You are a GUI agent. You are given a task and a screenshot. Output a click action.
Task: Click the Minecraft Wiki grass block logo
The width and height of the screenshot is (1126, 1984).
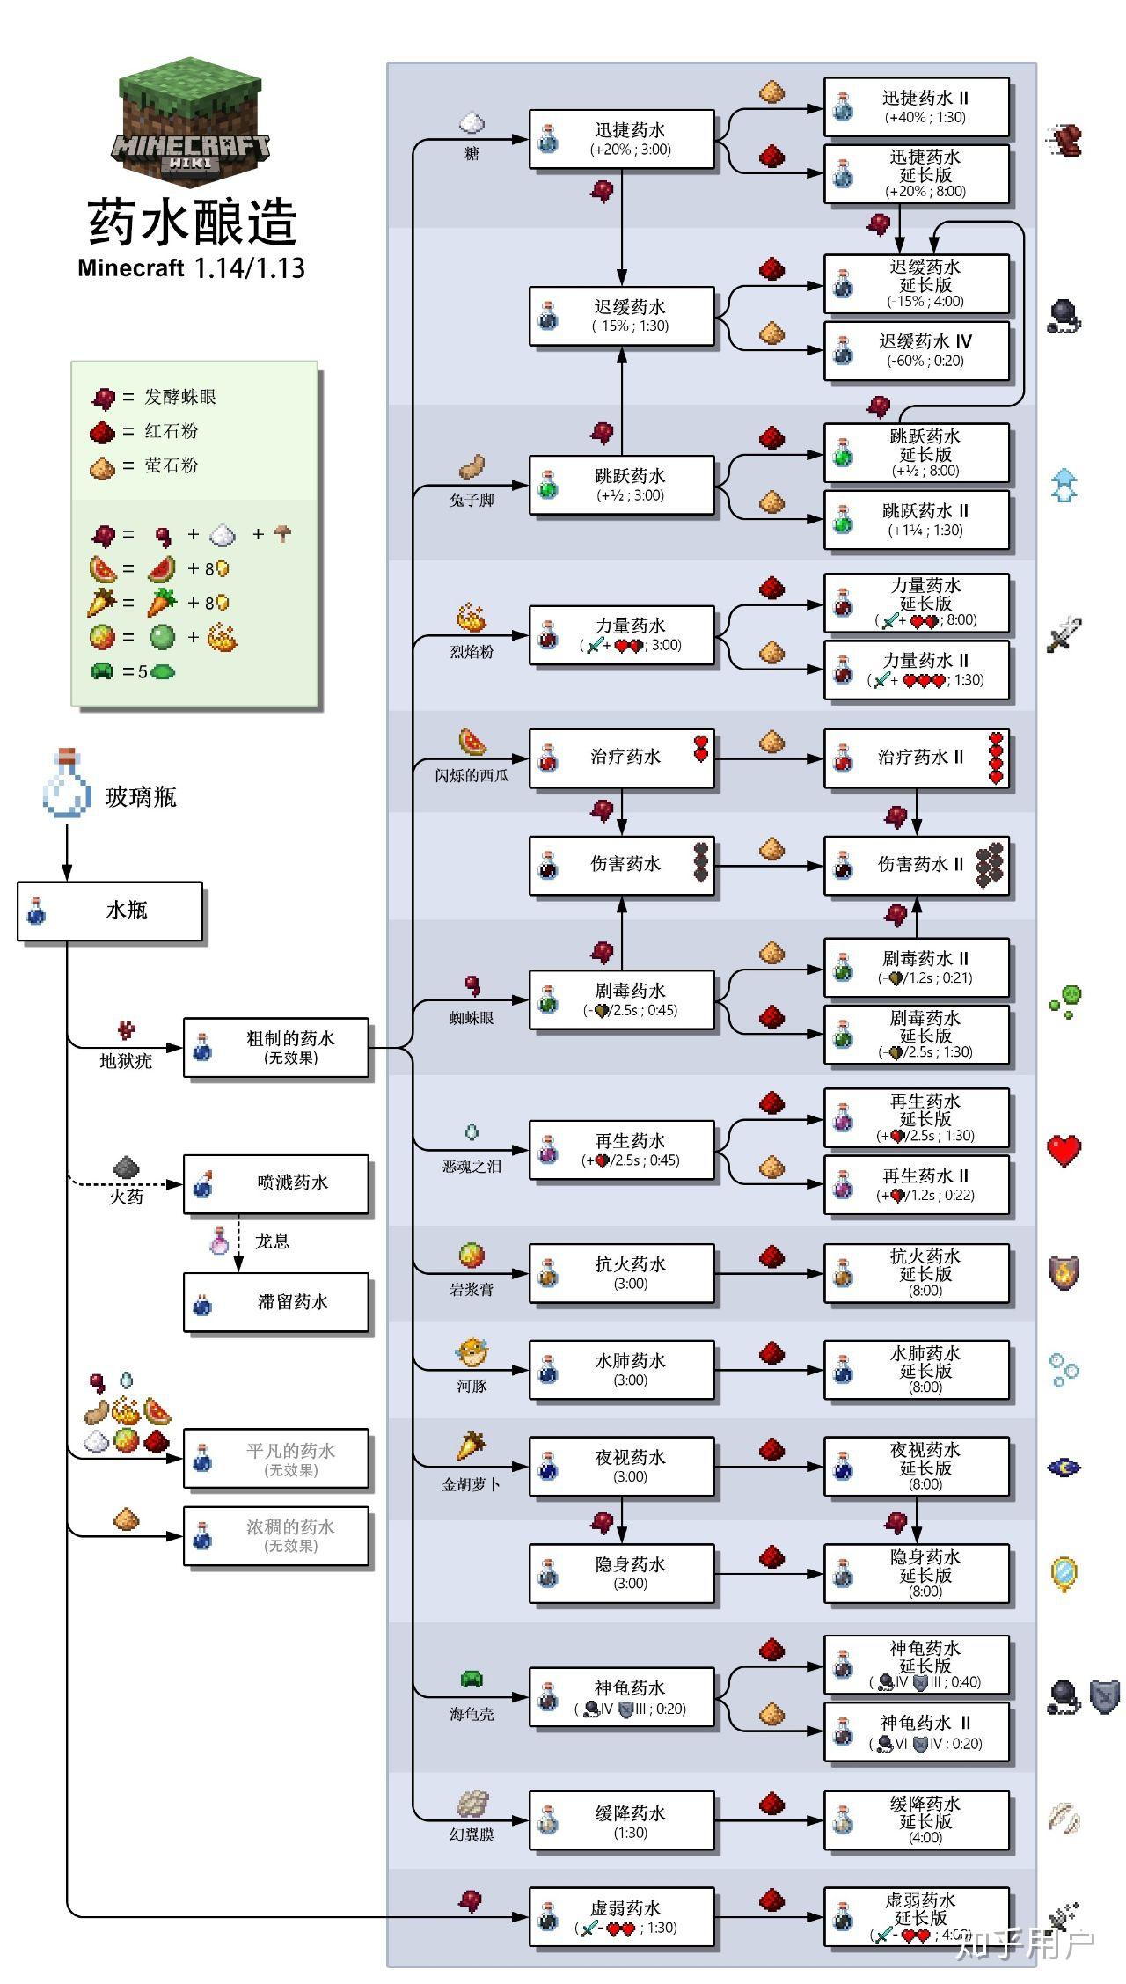tap(191, 121)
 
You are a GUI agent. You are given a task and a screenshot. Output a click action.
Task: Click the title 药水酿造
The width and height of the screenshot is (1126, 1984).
tap(192, 222)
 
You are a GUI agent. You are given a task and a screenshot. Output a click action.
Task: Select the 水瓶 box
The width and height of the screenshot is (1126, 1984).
tap(110, 911)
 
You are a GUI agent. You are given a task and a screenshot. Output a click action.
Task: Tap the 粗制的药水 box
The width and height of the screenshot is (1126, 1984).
tap(275, 1047)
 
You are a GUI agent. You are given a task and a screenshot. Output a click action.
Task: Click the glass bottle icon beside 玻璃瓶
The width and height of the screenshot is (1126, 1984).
tap(67, 783)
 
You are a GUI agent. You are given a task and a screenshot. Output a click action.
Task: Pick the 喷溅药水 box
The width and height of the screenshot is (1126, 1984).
tap(275, 1183)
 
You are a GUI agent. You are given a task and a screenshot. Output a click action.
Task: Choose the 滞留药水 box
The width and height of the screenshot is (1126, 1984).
tap(275, 1302)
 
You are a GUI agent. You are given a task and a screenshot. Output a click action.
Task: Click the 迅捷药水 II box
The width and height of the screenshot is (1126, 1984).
tap(916, 106)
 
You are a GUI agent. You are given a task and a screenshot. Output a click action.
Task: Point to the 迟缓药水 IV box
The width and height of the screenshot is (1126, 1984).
tap(916, 350)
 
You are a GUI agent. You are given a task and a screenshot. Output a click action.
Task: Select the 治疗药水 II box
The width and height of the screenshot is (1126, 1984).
tap(916, 758)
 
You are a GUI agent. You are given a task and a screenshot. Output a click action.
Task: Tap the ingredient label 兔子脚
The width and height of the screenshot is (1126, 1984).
tap(472, 500)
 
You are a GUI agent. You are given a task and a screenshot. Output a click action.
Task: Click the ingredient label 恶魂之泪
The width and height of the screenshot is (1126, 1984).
tap(472, 1166)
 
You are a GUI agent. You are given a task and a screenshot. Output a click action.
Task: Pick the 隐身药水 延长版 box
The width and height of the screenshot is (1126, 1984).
tap(916, 1574)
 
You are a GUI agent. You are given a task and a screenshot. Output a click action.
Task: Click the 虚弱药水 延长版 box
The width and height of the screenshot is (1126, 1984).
tap(916, 1916)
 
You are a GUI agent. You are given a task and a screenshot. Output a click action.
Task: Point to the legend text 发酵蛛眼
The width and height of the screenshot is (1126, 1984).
tap(180, 397)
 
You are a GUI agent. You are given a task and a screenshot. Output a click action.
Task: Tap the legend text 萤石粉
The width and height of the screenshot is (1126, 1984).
tap(172, 465)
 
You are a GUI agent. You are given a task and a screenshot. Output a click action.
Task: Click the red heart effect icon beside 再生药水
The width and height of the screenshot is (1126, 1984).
tap(1064, 1150)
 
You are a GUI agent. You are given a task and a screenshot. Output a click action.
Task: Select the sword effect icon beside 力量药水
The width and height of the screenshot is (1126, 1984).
tap(1064, 634)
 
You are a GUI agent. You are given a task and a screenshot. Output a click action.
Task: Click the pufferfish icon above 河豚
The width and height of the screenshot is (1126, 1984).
tap(472, 1352)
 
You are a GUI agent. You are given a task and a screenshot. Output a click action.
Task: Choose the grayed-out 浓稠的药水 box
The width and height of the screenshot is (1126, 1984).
tap(275, 1536)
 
